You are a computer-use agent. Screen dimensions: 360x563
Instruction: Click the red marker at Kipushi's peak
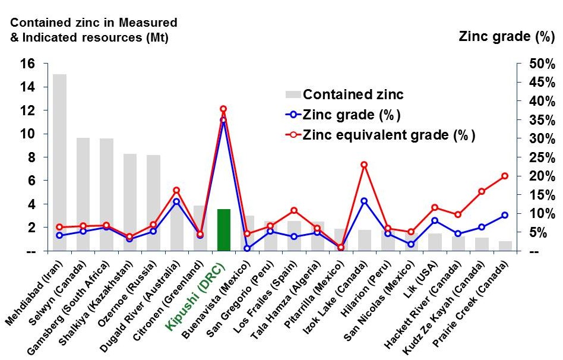(x=223, y=109)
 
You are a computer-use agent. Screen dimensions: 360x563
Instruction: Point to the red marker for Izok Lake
(x=364, y=165)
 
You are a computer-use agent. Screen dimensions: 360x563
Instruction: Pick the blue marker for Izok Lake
(x=364, y=201)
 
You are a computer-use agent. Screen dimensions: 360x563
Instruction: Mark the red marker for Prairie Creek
(x=505, y=176)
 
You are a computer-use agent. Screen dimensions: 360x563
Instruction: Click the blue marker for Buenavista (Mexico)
(x=246, y=248)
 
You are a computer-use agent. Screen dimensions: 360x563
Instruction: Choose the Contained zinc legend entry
(x=344, y=94)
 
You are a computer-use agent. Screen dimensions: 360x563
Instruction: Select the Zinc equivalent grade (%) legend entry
(x=380, y=135)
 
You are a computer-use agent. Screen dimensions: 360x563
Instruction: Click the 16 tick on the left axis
(x=28, y=64)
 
